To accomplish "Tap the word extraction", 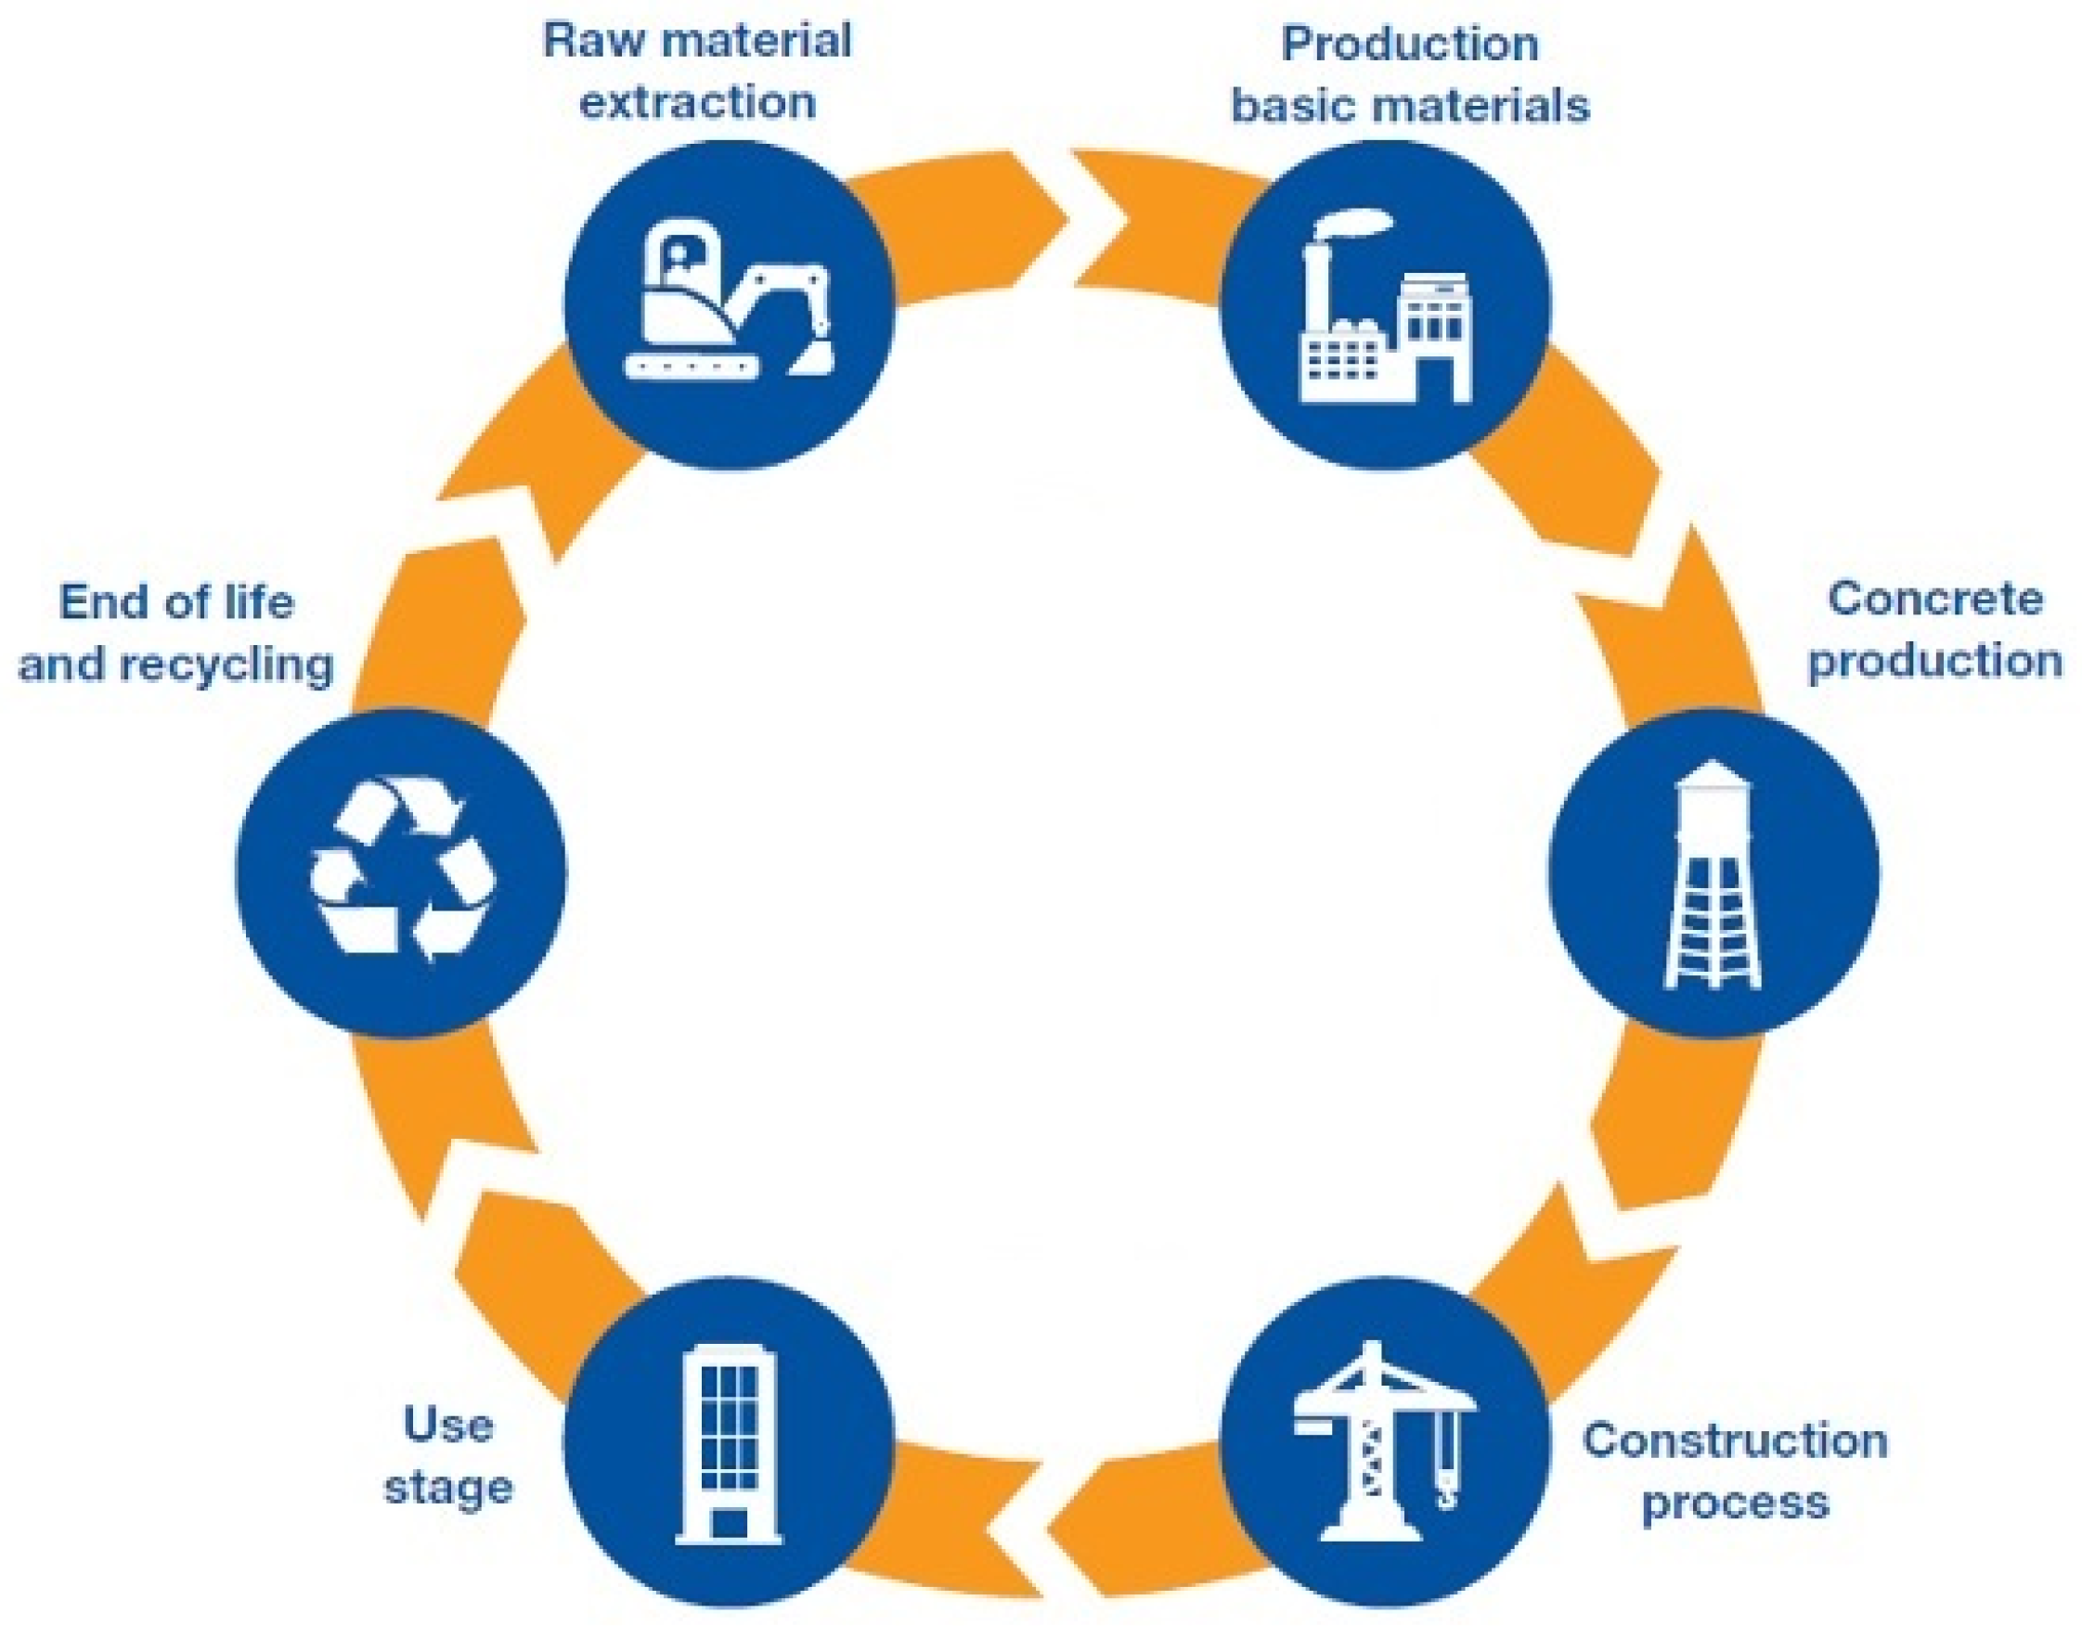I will click(698, 103).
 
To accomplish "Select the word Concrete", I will click(1934, 600).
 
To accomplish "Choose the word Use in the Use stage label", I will click(448, 1426).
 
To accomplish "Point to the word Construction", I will click(1735, 1441).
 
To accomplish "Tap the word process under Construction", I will click(1735, 1503).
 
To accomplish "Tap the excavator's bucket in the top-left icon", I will click(810, 359).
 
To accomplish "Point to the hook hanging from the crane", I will click(1446, 1497).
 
